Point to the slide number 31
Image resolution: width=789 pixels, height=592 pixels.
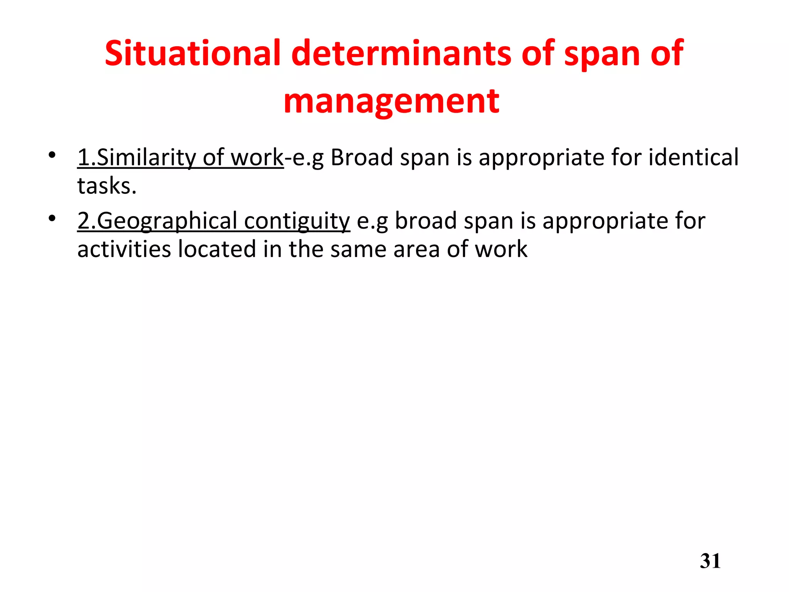[x=710, y=561]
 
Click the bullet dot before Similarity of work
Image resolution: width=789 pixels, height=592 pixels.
[x=52, y=155]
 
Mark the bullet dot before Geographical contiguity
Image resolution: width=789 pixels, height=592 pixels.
[x=52, y=219]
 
